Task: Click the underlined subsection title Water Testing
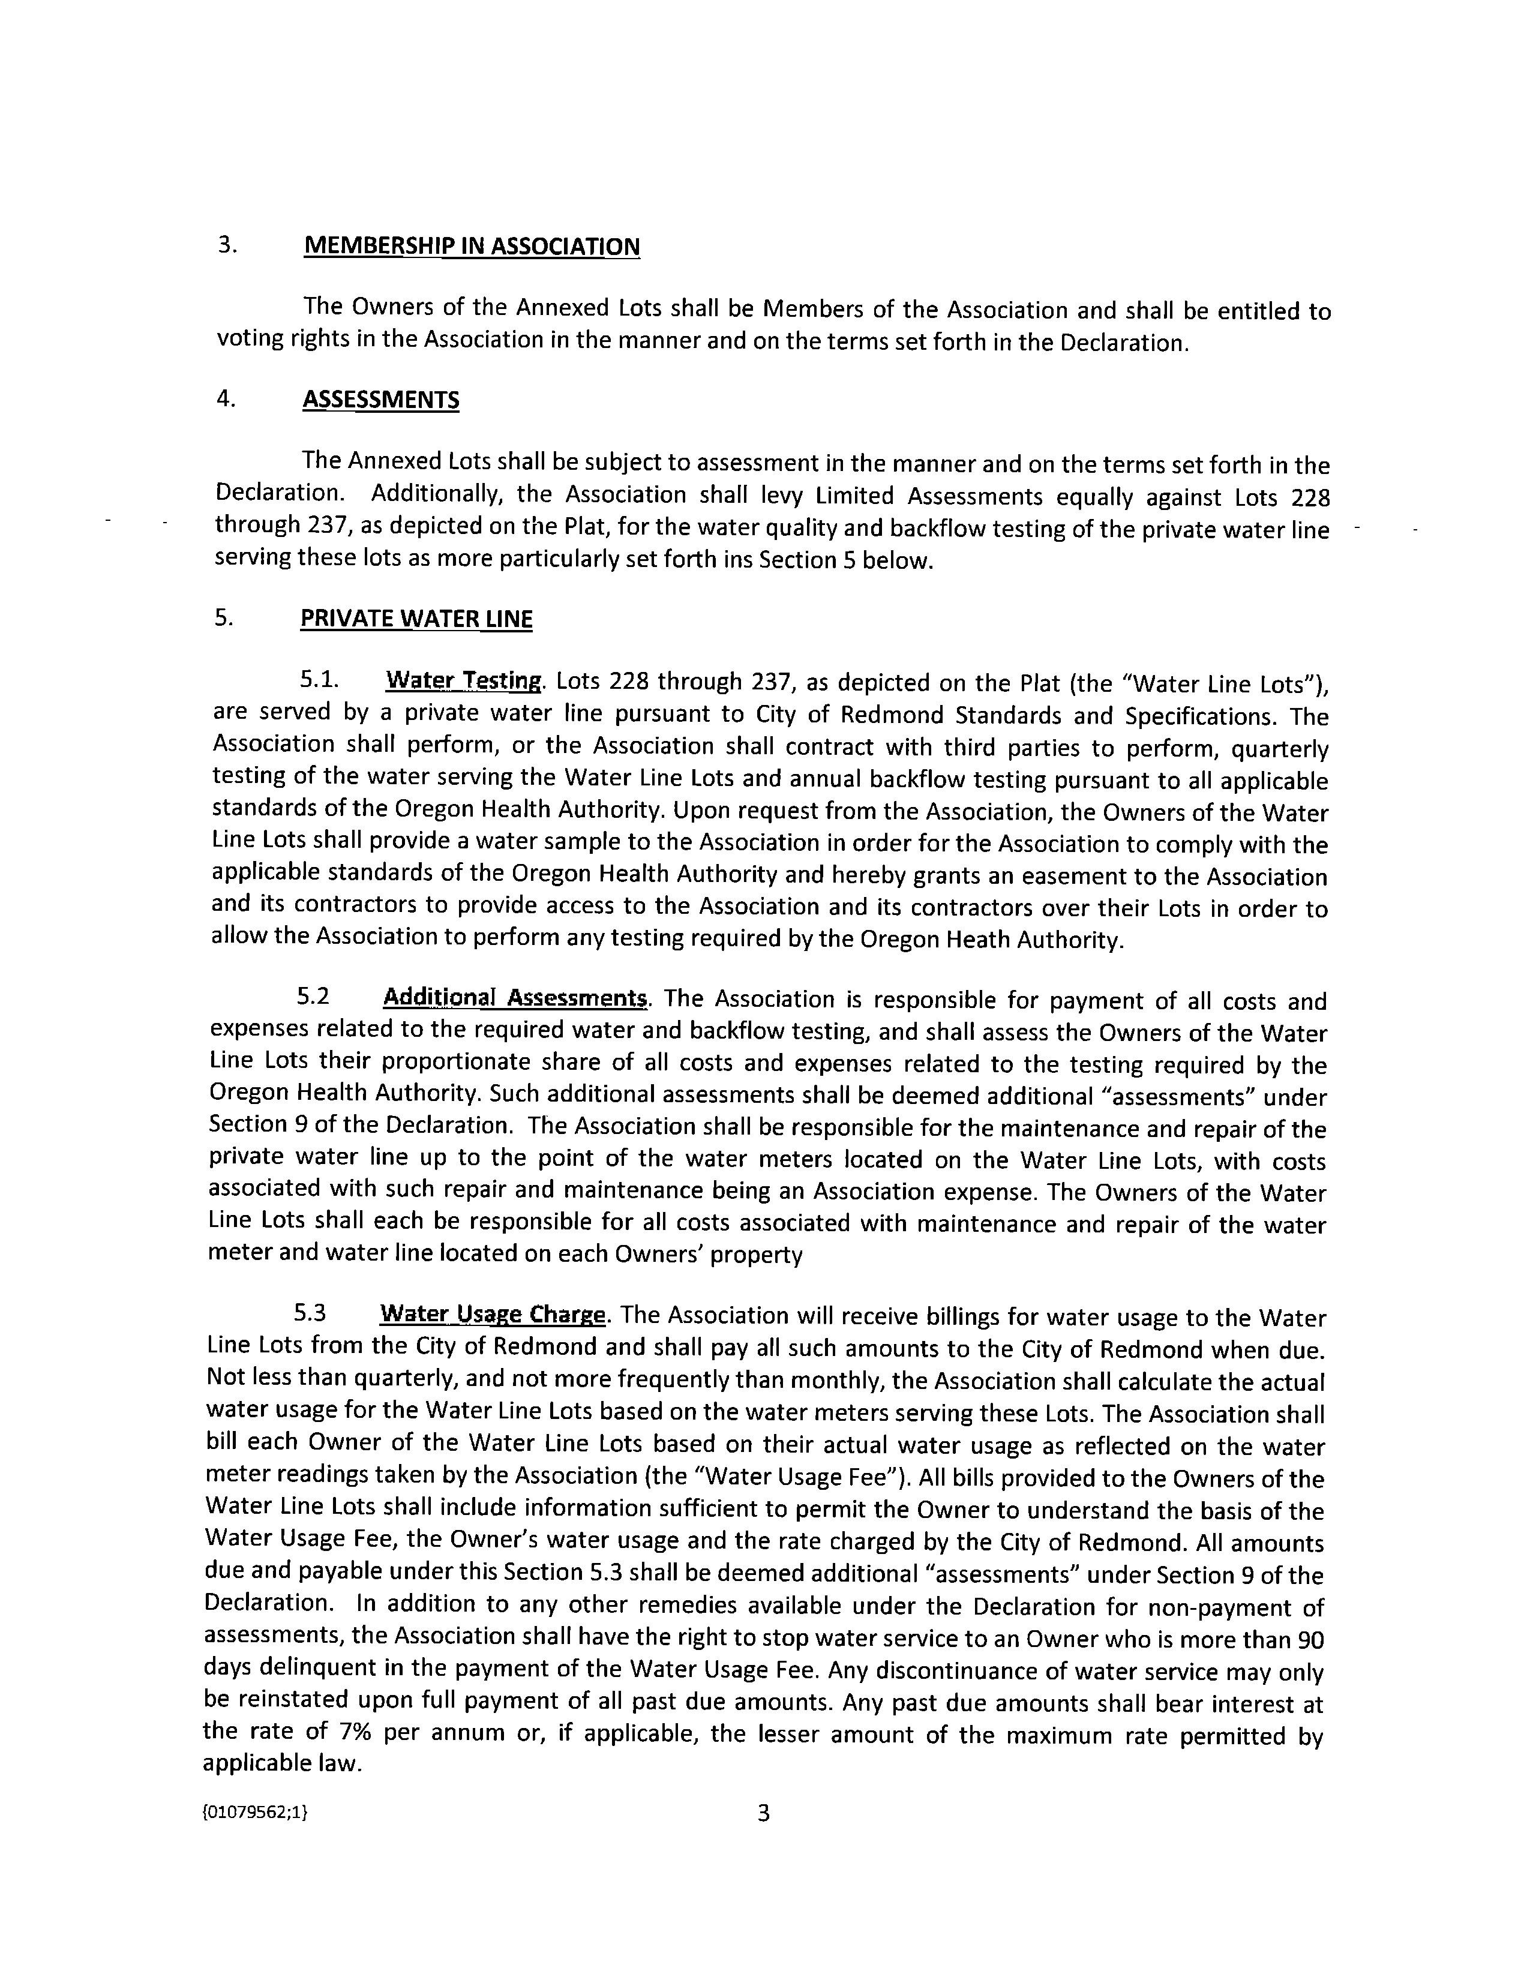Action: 463,681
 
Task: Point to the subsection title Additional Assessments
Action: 515,998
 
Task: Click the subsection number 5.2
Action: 313,997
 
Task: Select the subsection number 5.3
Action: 310,1313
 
